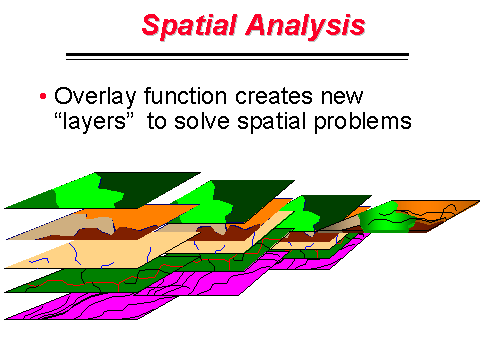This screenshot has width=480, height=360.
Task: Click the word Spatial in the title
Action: click(x=189, y=25)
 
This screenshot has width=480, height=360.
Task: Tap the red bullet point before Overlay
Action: click(x=43, y=98)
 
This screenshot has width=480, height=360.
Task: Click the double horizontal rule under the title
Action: click(x=237, y=56)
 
